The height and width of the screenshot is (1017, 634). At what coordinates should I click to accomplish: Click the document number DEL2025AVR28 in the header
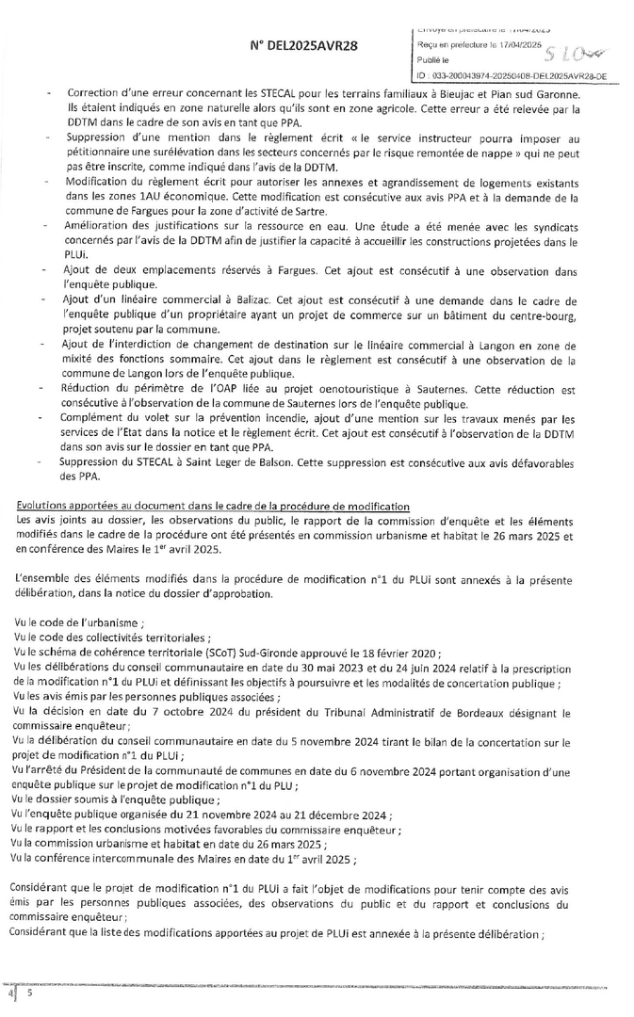point(303,45)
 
